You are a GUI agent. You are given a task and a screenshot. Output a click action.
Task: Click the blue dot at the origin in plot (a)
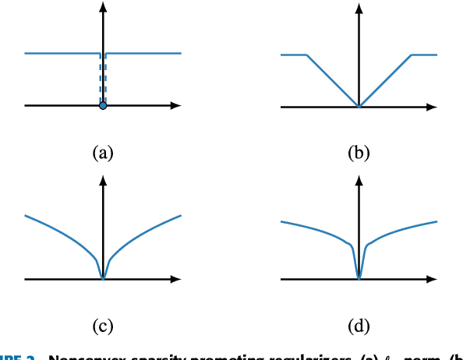(103, 105)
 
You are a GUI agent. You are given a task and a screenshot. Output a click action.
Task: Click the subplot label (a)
(103, 153)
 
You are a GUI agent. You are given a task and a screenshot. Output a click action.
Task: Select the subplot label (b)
(359, 153)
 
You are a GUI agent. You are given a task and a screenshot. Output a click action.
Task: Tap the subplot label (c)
(103, 326)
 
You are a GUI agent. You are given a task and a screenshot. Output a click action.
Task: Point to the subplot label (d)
(359, 326)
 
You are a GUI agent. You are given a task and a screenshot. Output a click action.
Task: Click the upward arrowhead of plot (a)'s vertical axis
(103, 8)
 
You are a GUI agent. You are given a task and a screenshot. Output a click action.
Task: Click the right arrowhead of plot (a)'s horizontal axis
(178, 105)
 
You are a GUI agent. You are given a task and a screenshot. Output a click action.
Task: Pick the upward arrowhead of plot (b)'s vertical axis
(359, 8)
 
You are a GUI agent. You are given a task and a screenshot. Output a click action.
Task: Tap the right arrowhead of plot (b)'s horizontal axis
(433, 105)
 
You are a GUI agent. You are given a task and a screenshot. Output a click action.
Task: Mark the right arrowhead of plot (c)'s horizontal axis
(178, 278)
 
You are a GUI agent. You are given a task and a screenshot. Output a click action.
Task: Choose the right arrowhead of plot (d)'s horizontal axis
(433, 278)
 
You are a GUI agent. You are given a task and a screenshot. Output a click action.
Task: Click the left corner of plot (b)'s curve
(306, 55)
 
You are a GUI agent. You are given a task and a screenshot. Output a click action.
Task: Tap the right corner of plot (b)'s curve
(411, 55)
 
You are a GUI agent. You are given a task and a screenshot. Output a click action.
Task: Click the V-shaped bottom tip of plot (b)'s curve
(359, 105)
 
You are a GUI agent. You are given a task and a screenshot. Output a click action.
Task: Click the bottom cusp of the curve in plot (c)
(103, 277)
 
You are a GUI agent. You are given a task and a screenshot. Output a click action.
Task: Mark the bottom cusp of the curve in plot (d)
(359, 277)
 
